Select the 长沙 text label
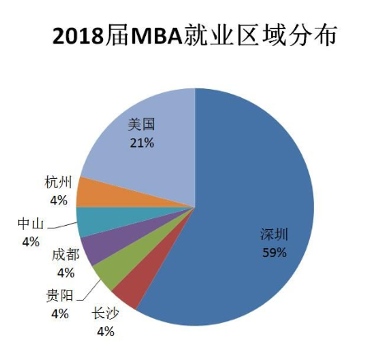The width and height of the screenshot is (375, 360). point(104,315)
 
